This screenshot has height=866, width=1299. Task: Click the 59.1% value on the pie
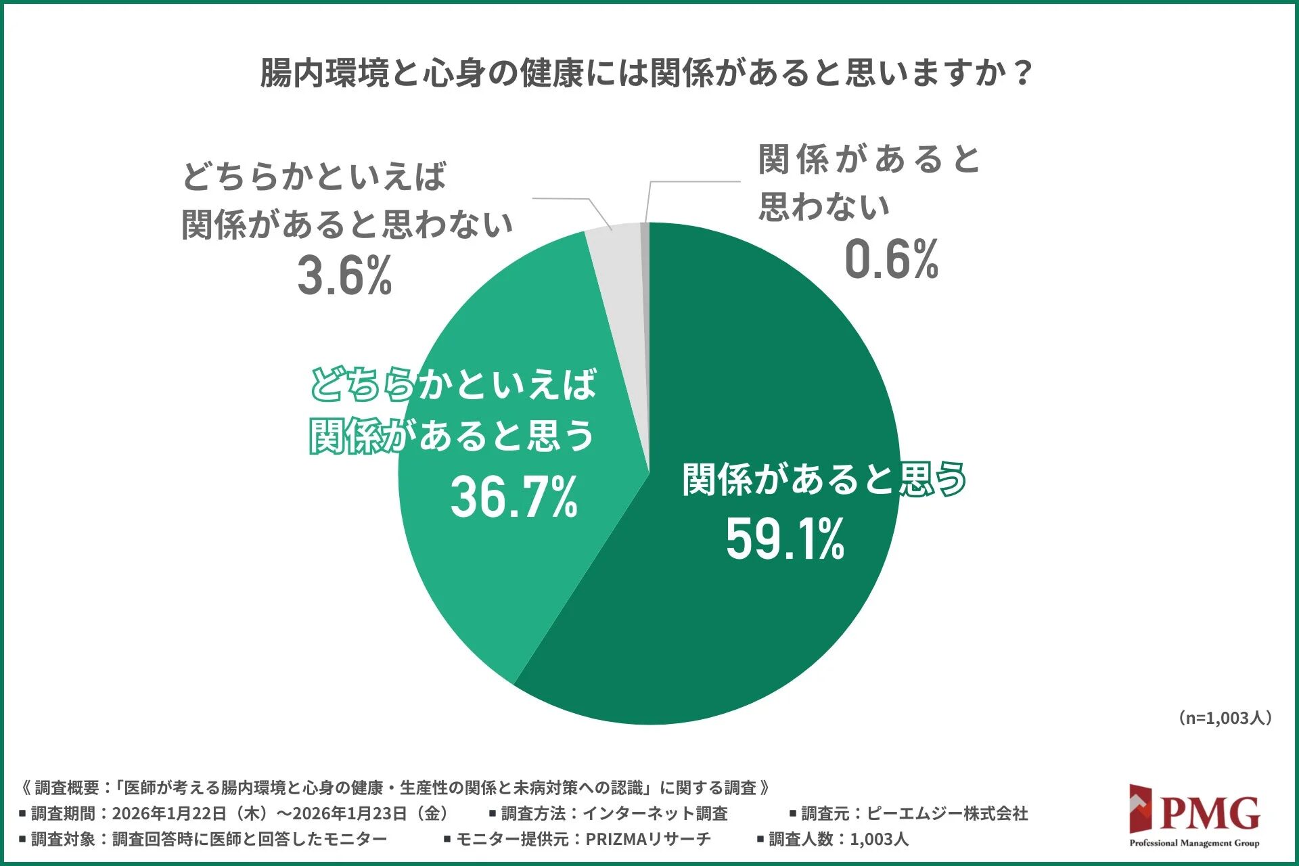(785, 539)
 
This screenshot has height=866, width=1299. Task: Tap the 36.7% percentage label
(514, 497)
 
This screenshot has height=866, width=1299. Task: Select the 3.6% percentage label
(344, 276)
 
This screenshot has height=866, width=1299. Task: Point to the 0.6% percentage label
(891, 260)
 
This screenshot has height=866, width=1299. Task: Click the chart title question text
(646, 73)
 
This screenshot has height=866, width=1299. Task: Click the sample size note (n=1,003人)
(1224, 718)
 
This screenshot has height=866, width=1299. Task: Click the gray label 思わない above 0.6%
(823, 206)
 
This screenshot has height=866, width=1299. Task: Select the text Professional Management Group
(1194, 843)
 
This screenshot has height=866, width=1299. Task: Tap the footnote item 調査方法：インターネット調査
(609, 813)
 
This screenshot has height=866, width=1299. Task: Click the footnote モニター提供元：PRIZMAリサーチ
(578, 840)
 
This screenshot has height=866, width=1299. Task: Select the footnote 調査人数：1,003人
(833, 840)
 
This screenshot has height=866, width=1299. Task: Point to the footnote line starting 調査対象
(203, 840)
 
